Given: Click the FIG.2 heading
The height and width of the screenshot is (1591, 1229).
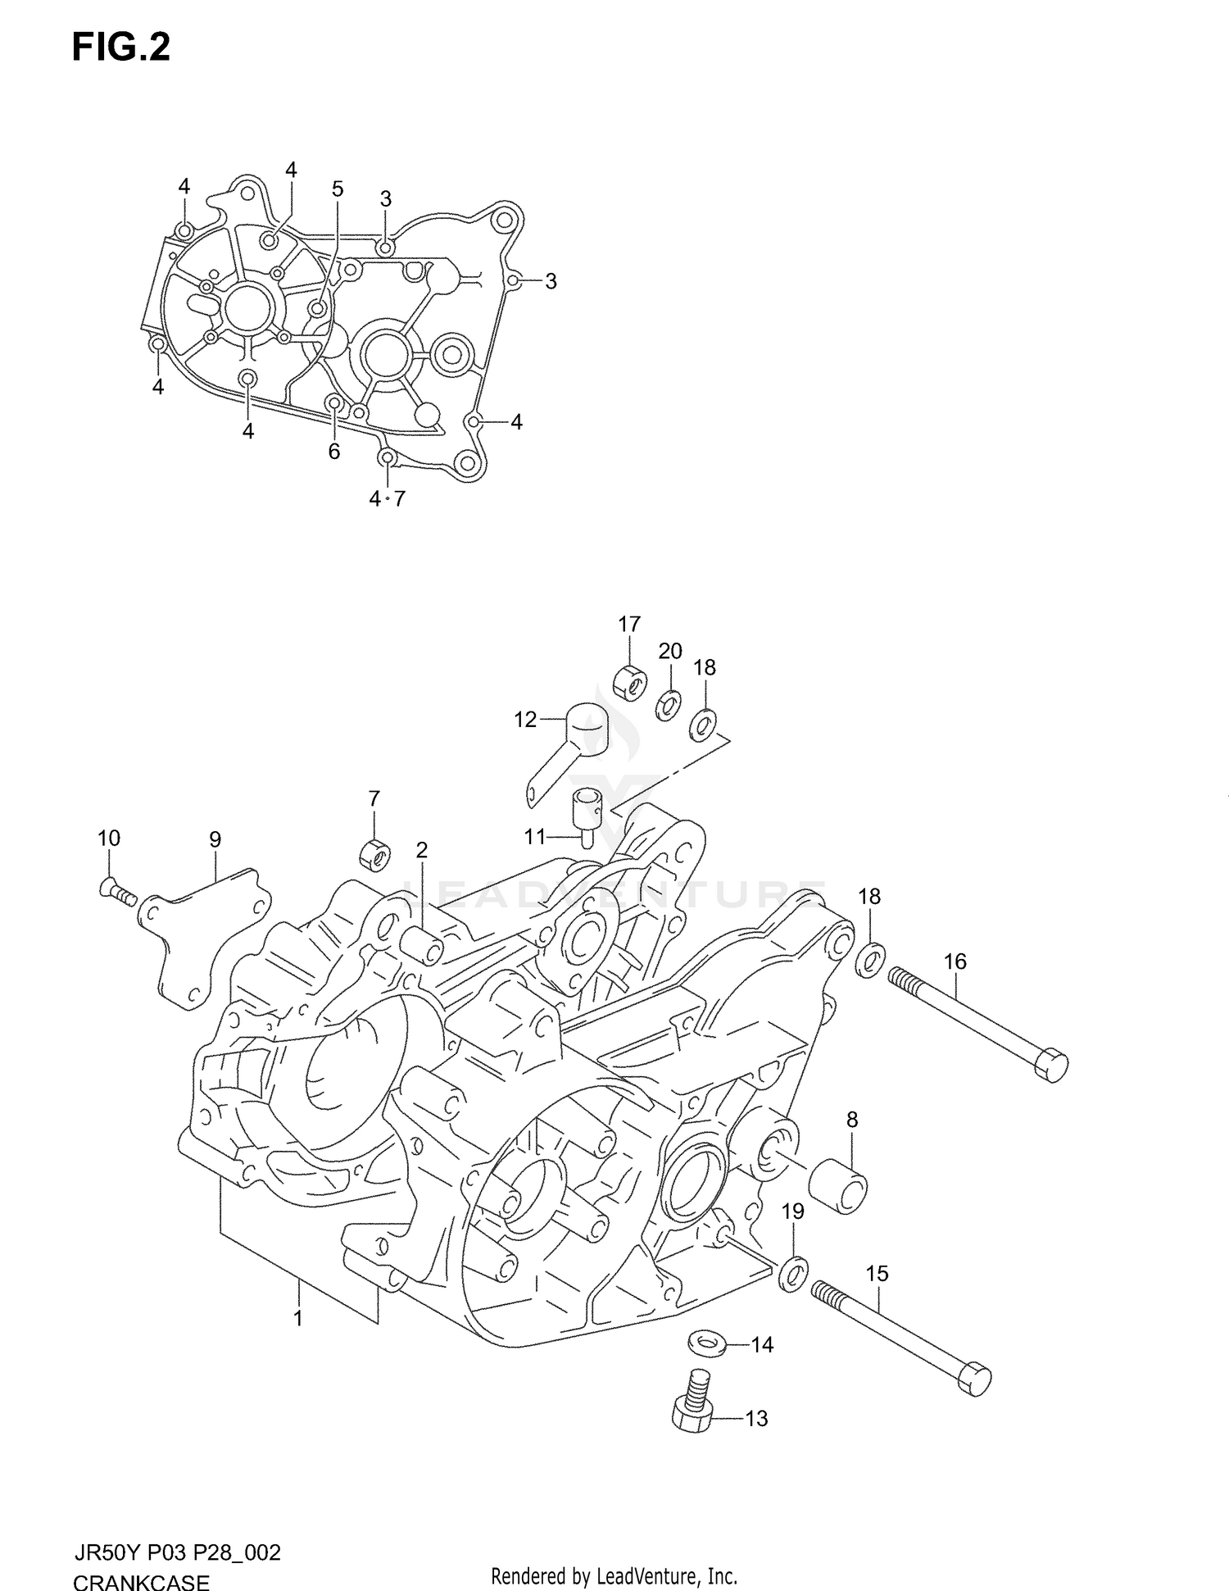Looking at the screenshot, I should [120, 48].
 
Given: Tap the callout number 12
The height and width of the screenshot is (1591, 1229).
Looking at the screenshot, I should [524, 720].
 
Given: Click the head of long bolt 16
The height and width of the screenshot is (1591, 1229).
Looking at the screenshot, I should [1051, 1064].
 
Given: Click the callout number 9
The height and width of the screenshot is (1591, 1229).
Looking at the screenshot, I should [215, 839].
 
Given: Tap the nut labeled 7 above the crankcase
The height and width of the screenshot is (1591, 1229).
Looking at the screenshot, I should [374, 857].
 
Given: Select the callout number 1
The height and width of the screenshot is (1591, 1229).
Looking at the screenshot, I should [298, 1318].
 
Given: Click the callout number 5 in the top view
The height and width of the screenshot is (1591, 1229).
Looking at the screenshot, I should [338, 189].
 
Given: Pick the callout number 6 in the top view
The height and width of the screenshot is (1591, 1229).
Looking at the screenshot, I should [333, 451].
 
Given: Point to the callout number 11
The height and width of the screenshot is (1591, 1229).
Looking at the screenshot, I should [534, 837].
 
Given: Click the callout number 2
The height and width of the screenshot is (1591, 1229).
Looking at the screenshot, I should [421, 850].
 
